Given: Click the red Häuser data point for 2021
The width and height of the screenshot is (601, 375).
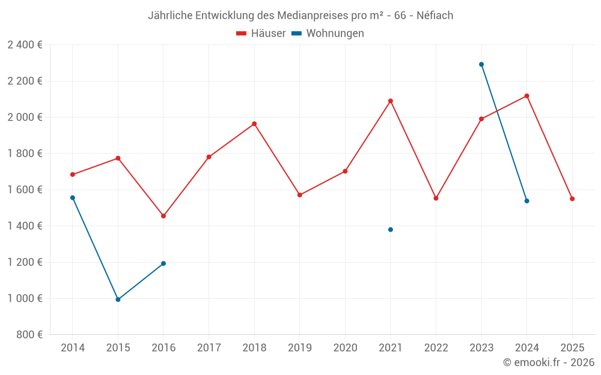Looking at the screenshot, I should pyautogui.click(x=391, y=101).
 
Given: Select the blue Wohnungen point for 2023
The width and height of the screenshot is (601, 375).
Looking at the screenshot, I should pyautogui.click(x=481, y=64).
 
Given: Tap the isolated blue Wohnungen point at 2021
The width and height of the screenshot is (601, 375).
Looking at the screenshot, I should pyautogui.click(x=391, y=230).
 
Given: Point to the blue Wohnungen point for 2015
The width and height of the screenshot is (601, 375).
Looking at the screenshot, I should pyautogui.click(x=118, y=299).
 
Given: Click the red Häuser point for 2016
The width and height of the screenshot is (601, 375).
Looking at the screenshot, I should pyautogui.click(x=163, y=216).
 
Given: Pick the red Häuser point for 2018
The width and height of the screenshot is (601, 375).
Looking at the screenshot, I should pyautogui.click(x=254, y=124).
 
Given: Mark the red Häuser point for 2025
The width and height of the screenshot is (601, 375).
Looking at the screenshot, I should pyautogui.click(x=572, y=199).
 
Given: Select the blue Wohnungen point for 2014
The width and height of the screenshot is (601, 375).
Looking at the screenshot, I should pyautogui.click(x=73, y=197).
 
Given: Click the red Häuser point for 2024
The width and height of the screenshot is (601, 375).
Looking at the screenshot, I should pyautogui.click(x=526, y=96).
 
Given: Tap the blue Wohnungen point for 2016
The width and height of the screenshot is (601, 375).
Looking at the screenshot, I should pyautogui.click(x=163, y=263).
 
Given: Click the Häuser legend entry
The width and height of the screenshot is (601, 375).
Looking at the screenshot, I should pyautogui.click(x=261, y=34).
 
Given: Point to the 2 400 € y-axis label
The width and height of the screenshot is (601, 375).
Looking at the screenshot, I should pyautogui.click(x=25, y=45).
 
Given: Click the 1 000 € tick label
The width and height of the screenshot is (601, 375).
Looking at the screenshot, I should pyautogui.click(x=25, y=299).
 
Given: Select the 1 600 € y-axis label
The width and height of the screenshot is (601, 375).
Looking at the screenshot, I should pyautogui.click(x=25, y=190).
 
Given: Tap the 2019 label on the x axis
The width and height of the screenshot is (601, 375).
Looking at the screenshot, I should pyautogui.click(x=299, y=347).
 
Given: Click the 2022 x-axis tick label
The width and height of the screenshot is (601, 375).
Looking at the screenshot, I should pyautogui.click(x=436, y=347).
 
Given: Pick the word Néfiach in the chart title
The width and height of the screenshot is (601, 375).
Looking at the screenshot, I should pyautogui.click(x=435, y=16).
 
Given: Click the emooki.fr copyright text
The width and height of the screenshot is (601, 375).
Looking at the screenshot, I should pyautogui.click(x=549, y=362).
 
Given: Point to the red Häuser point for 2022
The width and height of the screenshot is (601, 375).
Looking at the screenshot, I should pyautogui.click(x=436, y=198).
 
